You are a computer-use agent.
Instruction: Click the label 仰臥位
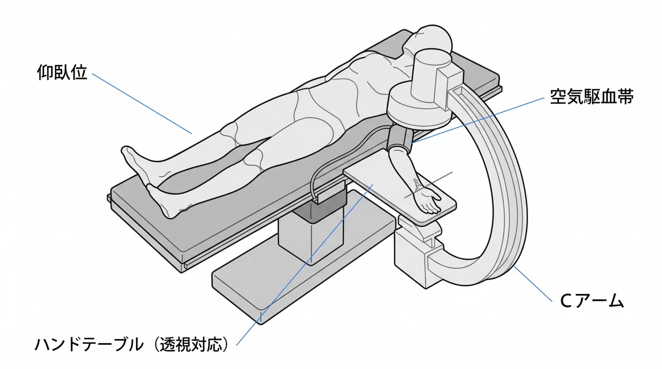[x=63, y=72]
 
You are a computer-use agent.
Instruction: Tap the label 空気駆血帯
[x=591, y=97]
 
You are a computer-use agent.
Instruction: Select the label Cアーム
[x=592, y=301]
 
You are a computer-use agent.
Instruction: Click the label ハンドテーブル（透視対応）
[x=132, y=345]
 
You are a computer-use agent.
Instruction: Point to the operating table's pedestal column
[x=311, y=236]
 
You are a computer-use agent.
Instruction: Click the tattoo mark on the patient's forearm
[x=418, y=185]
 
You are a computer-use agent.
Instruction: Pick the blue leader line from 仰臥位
[x=142, y=103]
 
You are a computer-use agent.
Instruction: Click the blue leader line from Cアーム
[x=533, y=284]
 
